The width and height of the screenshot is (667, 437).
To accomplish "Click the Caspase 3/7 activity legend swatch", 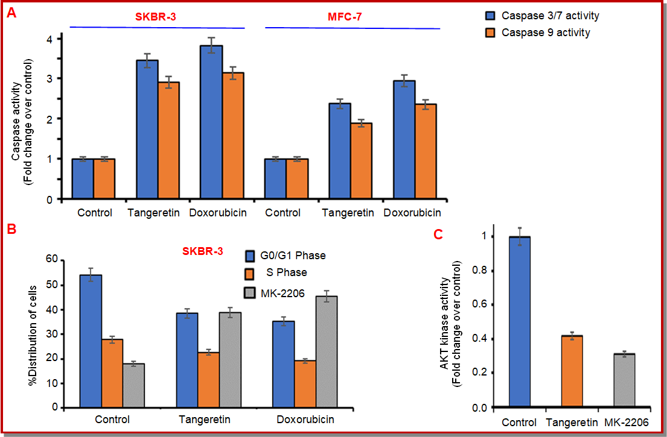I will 492,16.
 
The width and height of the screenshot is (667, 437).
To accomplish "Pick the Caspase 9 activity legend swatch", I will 492,33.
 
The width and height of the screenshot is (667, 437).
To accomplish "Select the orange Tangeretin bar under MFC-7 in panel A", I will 361,160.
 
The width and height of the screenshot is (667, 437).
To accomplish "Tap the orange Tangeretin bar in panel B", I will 208,380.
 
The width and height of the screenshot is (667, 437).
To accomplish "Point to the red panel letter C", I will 439,234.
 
